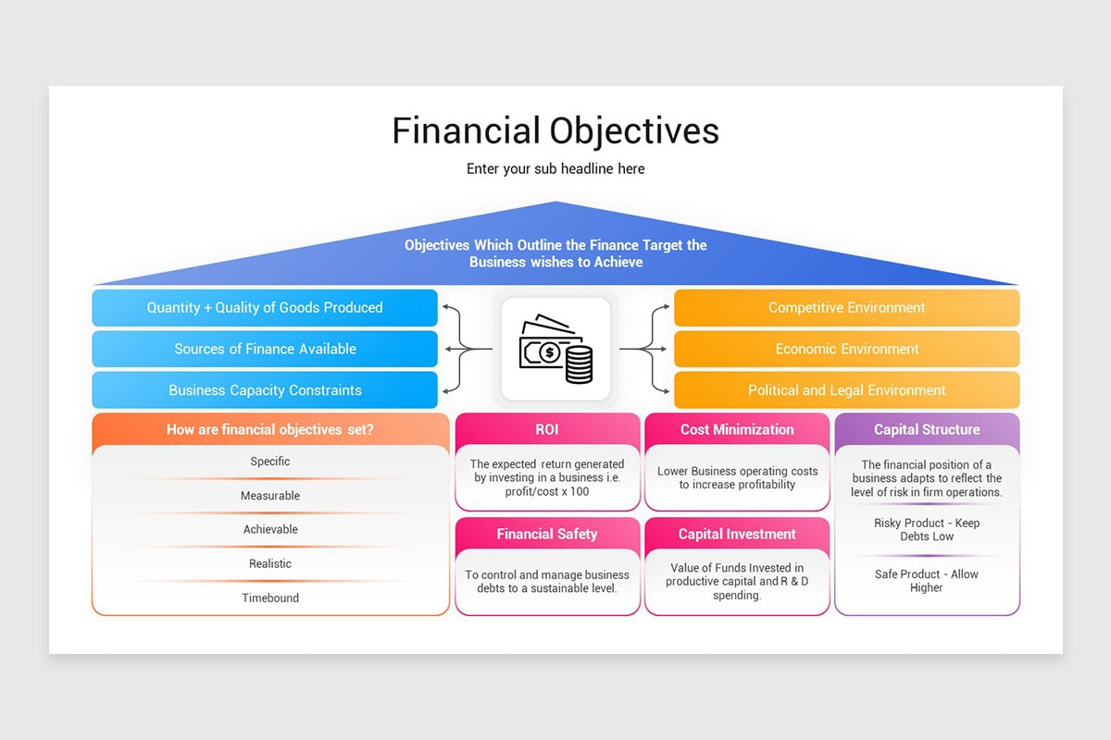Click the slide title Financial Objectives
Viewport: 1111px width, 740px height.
(555, 130)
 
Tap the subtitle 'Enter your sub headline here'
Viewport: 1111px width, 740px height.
(555, 168)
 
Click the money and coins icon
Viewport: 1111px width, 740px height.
(555, 349)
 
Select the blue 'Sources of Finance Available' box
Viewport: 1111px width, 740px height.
(265, 349)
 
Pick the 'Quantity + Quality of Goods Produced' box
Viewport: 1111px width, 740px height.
(265, 307)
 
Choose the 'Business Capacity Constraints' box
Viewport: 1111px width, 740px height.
(265, 390)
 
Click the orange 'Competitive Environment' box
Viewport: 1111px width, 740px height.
(846, 307)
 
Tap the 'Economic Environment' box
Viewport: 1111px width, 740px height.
(846, 349)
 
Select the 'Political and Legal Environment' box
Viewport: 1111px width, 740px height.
(846, 390)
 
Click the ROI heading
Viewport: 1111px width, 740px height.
(547, 429)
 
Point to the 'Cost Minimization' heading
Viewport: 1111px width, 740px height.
(737, 429)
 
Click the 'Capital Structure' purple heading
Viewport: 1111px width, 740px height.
(927, 429)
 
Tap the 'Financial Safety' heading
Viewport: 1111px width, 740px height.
(547, 534)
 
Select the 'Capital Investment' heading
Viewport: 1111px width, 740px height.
(737, 534)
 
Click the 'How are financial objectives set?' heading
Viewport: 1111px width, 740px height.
(270, 429)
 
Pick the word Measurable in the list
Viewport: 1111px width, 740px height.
(270, 496)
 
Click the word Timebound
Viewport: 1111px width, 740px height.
(270, 598)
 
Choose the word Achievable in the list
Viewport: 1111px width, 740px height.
(270, 529)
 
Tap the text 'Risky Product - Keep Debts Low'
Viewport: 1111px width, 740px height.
(927, 529)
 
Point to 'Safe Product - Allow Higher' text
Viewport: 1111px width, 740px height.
(927, 580)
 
